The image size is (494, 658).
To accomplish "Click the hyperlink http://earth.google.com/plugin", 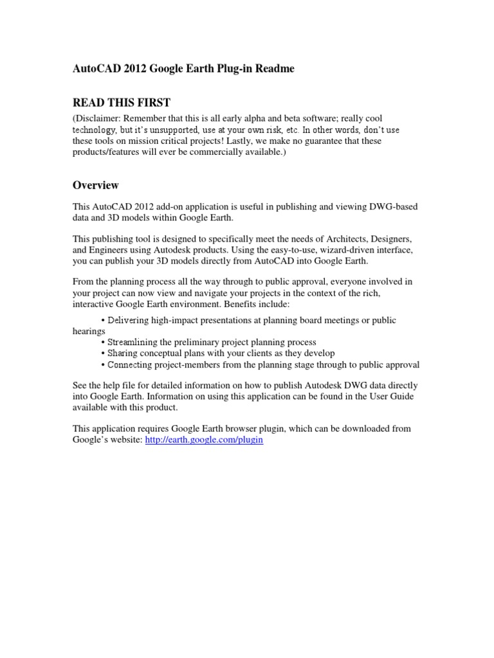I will coord(205,440).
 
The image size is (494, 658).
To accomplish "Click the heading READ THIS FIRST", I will coord(122,101).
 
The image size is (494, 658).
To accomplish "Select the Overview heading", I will coord(95,185).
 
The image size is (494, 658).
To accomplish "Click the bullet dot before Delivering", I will coord(104,321).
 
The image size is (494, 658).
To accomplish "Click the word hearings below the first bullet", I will coord(88,332).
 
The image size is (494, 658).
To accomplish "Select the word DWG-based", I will coord(394,207).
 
